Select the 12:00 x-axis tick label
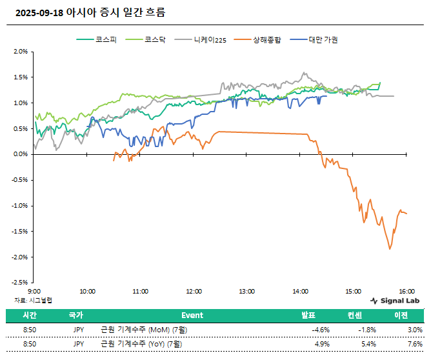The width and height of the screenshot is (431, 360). pos(194,292)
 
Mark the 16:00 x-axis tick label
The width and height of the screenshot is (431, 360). pos(406,292)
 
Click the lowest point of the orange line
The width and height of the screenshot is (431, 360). pos(390,249)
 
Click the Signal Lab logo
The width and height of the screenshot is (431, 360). pos(395,301)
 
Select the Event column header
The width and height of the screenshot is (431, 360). pos(192,315)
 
